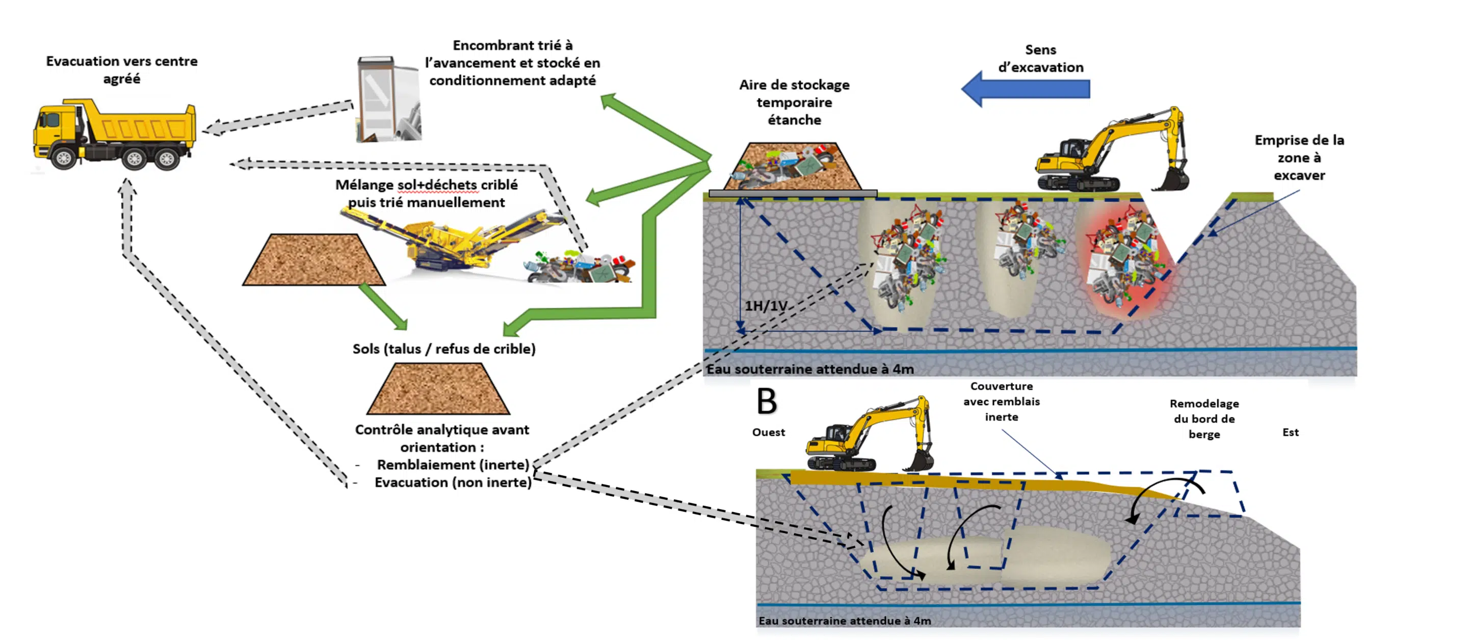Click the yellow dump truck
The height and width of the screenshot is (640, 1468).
(x=114, y=136)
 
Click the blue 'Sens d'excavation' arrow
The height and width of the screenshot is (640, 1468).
(x=1026, y=89)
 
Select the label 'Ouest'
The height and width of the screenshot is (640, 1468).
(x=768, y=433)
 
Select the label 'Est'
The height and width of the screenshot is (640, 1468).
(x=1290, y=433)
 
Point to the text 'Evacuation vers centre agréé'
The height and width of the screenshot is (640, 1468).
(x=122, y=69)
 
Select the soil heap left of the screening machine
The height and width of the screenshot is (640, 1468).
(x=313, y=260)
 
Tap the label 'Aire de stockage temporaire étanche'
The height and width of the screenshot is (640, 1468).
(x=795, y=102)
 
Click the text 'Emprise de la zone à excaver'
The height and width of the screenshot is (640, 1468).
(x=1299, y=158)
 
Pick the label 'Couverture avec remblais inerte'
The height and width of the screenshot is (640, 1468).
(x=1001, y=402)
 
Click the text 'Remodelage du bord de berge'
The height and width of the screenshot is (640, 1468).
(x=1203, y=419)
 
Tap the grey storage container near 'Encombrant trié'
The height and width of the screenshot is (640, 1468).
(x=387, y=100)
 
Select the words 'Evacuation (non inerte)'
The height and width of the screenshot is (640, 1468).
(x=453, y=483)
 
